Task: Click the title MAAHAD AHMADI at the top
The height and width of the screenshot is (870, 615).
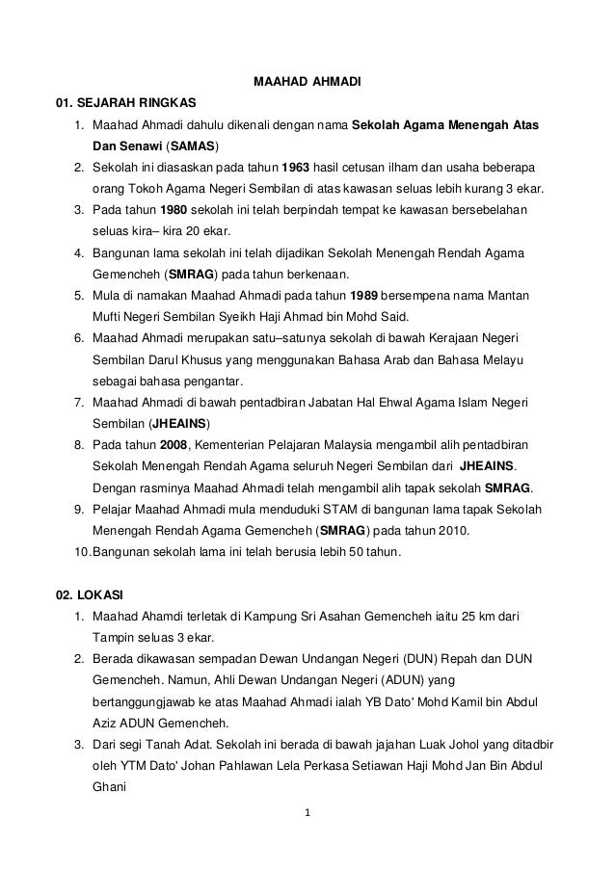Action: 307,83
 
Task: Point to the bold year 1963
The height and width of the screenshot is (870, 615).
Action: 295,169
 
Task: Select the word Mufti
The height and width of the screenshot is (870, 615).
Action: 108,316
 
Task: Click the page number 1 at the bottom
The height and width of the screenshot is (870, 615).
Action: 307,821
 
